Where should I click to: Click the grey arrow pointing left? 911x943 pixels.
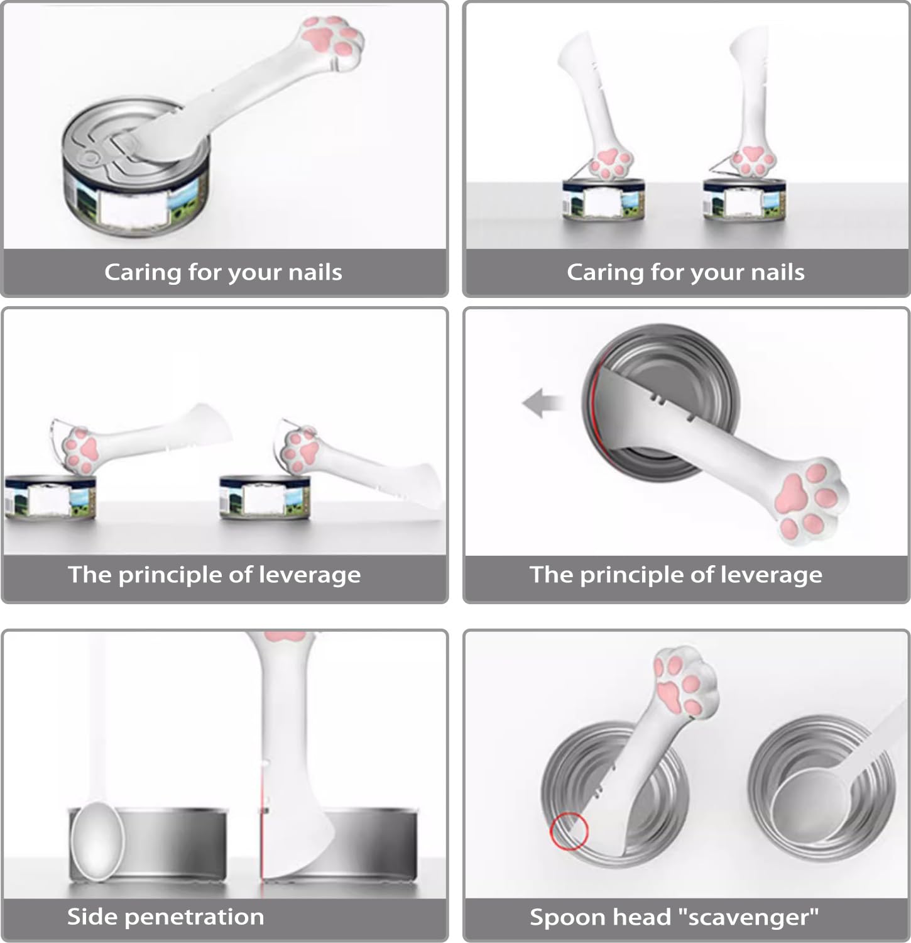click(x=542, y=403)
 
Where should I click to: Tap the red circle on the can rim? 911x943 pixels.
click(x=569, y=831)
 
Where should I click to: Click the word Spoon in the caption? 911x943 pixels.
click(x=562, y=918)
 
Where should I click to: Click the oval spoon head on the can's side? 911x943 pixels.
click(x=97, y=839)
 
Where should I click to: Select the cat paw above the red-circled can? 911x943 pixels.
click(x=683, y=682)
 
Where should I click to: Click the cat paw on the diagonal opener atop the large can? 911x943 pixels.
click(x=335, y=37)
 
